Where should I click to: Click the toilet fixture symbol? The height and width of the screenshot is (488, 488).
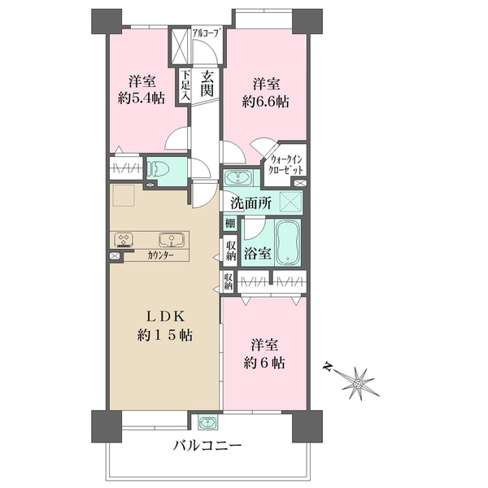click(x=159, y=170)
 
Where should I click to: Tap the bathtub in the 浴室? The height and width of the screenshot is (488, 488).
click(x=288, y=242)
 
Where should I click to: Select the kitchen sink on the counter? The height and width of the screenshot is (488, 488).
click(x=171, y=240)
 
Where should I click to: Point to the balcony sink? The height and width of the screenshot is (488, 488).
click(x=209, y=422)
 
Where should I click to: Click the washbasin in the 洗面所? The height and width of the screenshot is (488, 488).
click(x=238, y=178)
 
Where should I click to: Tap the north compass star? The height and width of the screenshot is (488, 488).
click(x=358, y=383)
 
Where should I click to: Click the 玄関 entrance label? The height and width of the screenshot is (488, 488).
click(x=207, y=84)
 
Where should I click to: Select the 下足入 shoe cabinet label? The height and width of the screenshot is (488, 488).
click(x=185, y=85)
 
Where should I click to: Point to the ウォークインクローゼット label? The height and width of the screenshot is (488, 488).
click(x=286, y=164)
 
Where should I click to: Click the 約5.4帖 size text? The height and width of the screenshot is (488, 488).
click(x=142, y=98)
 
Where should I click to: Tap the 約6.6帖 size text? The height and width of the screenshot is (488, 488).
click(x=265, y=102)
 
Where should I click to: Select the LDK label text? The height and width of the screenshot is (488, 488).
click(x=166, y=317)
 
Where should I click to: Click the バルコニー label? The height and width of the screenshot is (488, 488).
click(x=207, y=446)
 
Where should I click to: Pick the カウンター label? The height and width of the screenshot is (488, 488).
click(x=160, y=256)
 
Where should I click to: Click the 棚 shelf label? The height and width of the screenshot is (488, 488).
click(x=230, y=223)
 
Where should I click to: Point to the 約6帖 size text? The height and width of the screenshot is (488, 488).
click(x=264, y=363)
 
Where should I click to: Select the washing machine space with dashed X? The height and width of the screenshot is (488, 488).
click(x=290, y=202)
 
